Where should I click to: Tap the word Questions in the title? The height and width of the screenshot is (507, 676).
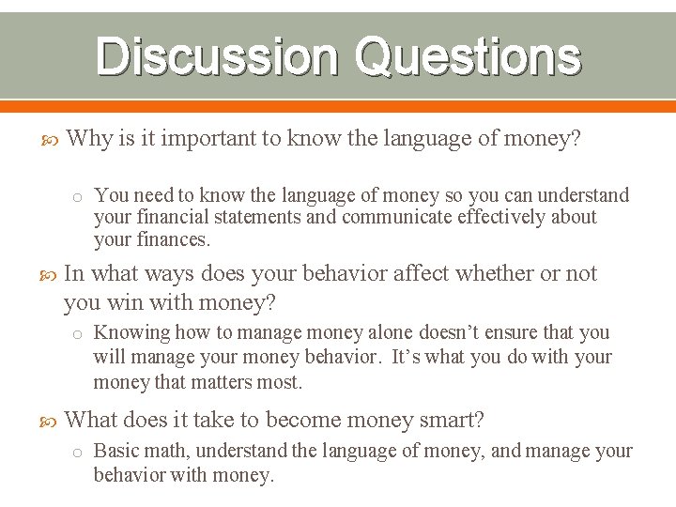point(467,57)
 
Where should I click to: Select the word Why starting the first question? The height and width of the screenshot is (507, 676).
point(90,139)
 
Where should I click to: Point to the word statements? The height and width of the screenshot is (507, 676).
point(257,217)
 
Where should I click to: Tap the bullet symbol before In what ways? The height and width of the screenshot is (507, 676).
point(53,274)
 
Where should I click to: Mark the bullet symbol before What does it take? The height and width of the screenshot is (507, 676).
point(53,421)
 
